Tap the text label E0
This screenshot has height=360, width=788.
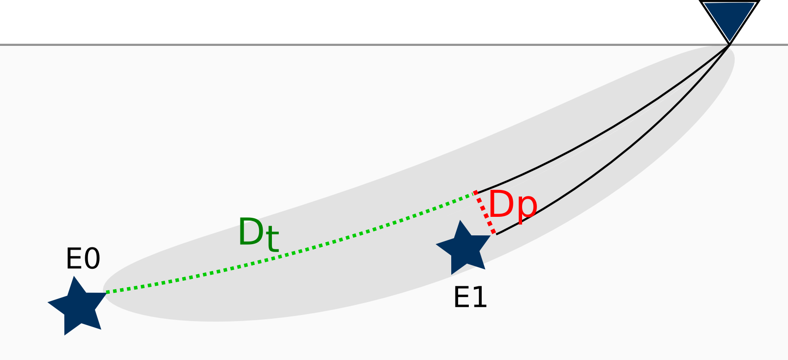click(83, 259)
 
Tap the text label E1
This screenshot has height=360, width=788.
click(470, 297)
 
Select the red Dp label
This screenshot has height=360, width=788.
click(512, 205)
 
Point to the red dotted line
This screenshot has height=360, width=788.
click(485, 213)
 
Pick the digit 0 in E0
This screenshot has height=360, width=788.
click(92, 259)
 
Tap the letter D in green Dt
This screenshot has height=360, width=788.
click(251, 233)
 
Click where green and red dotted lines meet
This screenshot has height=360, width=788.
click(475, 192)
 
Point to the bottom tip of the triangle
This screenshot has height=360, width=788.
click(730, 43)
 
